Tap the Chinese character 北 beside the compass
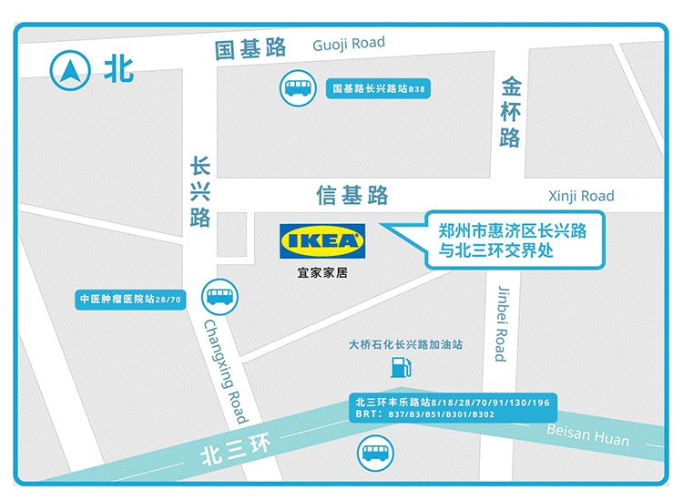point(118,70)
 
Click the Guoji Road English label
point(348,44)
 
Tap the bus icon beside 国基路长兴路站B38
point(297,88)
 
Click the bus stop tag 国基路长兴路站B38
point(379,89)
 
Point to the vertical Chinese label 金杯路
point(510,112)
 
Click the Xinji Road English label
point(581,196)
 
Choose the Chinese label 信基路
point(352,195)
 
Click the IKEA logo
point(323,241)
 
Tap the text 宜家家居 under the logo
point(322,272)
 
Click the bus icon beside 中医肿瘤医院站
point(219,296)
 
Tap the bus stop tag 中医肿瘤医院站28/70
point(130,299)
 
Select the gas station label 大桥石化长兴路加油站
point(406,345)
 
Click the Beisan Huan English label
point(587,435)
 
